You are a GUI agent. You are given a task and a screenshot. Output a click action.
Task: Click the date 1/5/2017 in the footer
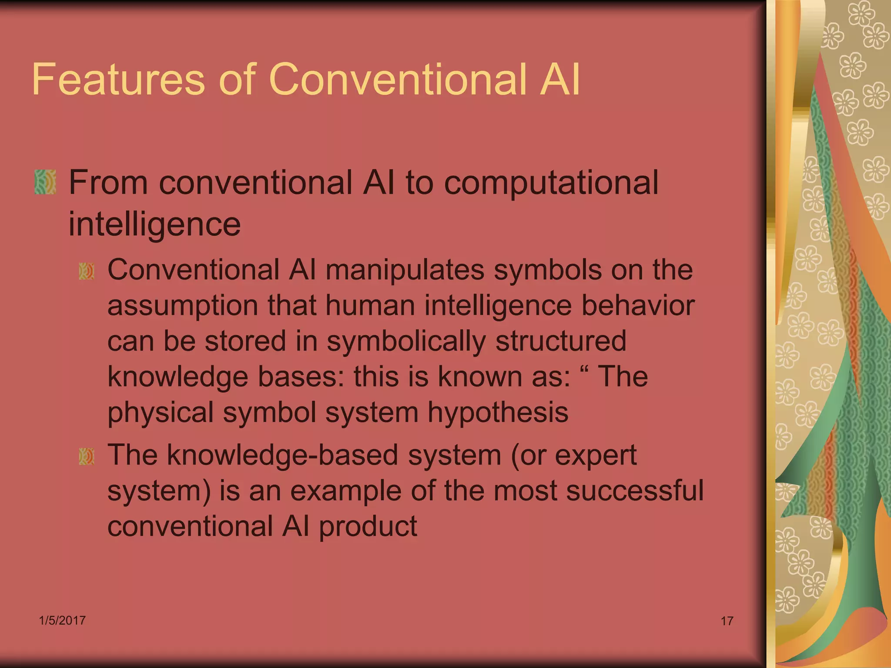(x=62, y=620)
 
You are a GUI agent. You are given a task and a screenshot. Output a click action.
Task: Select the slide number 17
(x=727, y=621)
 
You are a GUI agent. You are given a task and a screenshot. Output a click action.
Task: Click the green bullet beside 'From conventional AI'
(x=45, y=182)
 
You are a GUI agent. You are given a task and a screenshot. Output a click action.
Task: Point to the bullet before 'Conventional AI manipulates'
(x=87, y=271)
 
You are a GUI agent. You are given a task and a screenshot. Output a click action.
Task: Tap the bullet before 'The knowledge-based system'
(x=87, y=457)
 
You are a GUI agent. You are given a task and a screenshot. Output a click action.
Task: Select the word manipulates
(x=405, y=270)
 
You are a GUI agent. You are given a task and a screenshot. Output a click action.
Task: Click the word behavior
(x=638, y=305)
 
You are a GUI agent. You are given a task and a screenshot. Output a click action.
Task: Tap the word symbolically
(x=406, y=342)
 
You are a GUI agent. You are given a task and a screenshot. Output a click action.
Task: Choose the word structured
(x=561, y=341)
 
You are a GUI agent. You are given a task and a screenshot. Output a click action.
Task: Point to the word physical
(x=160, y=413)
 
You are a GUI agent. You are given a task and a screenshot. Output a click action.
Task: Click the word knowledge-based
(x=282, y=455)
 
